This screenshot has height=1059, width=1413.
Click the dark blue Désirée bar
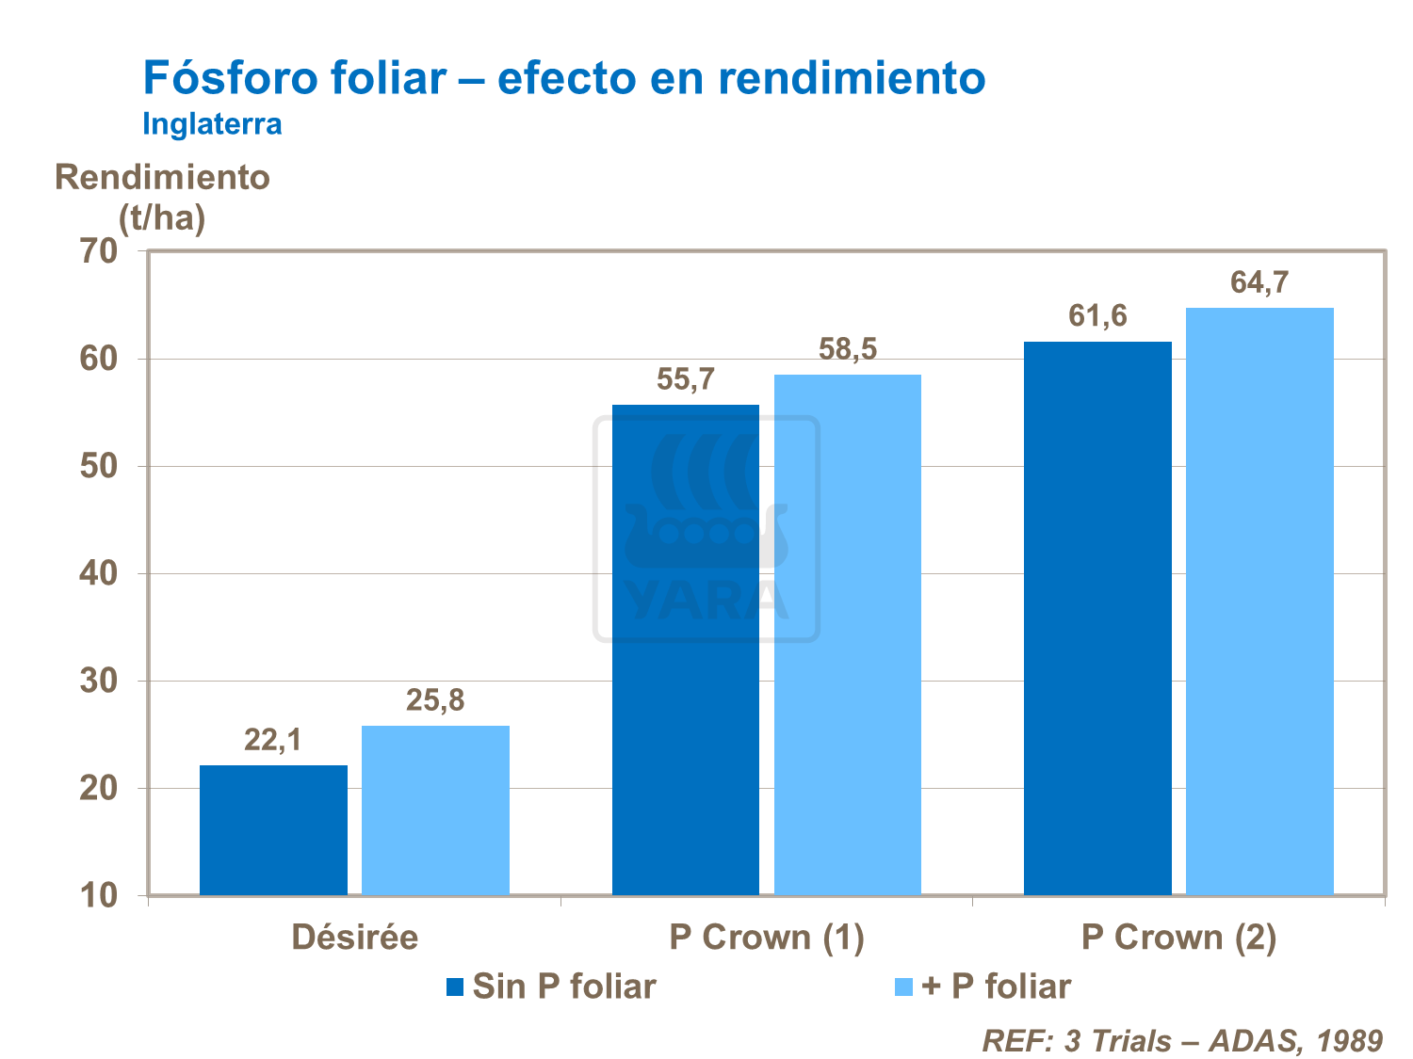pos(273,829)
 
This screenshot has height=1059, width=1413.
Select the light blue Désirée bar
pos(435,810)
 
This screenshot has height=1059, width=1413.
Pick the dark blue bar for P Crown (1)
pos(685,650)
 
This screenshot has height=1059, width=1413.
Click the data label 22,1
pos(273,741)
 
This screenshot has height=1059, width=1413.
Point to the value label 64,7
pos(1259,282)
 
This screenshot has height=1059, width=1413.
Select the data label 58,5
pos(847,350)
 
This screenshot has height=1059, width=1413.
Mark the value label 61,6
pos(1097,316)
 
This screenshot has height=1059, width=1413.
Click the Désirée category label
pos(354,938)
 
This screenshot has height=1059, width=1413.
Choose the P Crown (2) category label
pos(1178,938)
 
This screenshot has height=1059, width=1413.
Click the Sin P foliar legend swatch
pos(456,987)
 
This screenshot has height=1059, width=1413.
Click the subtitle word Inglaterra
pos(212,124)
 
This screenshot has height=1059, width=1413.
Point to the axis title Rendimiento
pos(162,177)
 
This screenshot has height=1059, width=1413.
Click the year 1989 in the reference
pos(1349,1040)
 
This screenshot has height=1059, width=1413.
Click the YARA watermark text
pos(706,601)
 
